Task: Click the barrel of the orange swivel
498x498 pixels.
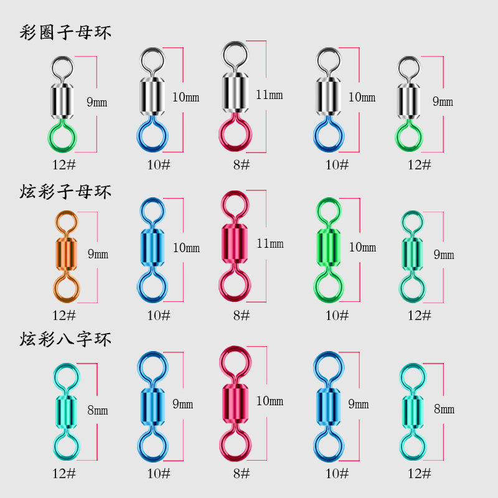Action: tap(66, 253)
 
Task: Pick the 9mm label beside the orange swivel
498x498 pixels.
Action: tap(98, 254)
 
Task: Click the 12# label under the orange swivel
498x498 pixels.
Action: tap(64, 315)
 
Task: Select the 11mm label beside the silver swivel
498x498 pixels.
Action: tap(269, 95)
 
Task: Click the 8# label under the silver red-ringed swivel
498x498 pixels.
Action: tap(242, 165)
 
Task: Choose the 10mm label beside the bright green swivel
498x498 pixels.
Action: tap(362, 247)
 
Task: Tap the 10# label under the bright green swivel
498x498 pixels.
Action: tap(337, 315)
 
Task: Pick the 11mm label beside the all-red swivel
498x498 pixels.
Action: tap(270, 243)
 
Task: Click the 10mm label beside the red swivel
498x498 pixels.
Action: tap(270, 400)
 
